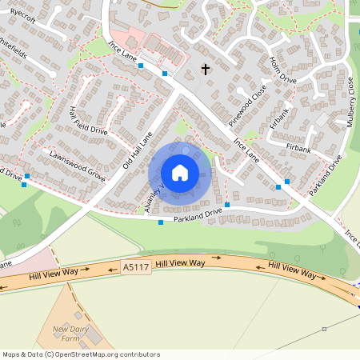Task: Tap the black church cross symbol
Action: pos(206,70)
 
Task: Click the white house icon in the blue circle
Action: pos(180,172)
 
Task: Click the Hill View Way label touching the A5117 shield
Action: pos(181,262)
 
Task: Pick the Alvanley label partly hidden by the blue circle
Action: pos(154,194)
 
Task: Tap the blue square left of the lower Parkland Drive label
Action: pos(162,222)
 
